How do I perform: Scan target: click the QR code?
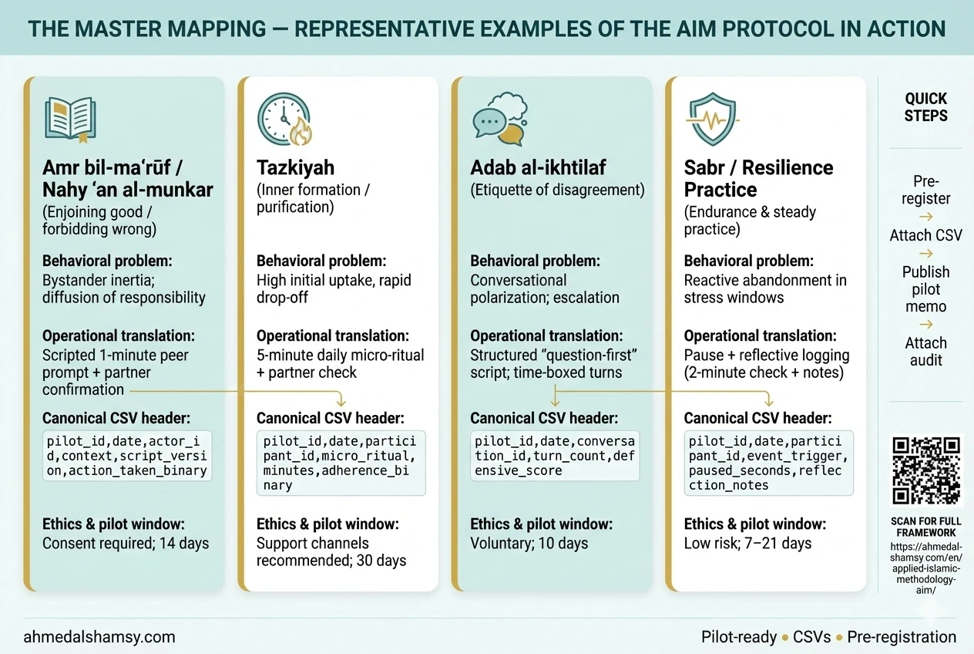[x=926, y=470]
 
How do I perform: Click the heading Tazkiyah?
[x=296, y=167]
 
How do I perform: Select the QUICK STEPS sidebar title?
[x=926, y=107]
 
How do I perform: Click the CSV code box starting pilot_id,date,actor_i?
[x=127, y=456]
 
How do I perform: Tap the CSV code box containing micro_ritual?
[x=341, y=463]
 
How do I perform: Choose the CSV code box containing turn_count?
[x=555, y=456]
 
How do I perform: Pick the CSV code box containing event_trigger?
[x=769, y=463]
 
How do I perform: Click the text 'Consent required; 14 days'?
[x=126, y=544]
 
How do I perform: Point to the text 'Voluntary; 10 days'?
[x=529, y=544]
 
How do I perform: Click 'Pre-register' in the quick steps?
[x=926, y=190]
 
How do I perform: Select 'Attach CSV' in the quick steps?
[x=926, y=235]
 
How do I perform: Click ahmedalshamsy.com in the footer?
[x=99, y=637]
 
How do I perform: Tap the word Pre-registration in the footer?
[x=902, y=637]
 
